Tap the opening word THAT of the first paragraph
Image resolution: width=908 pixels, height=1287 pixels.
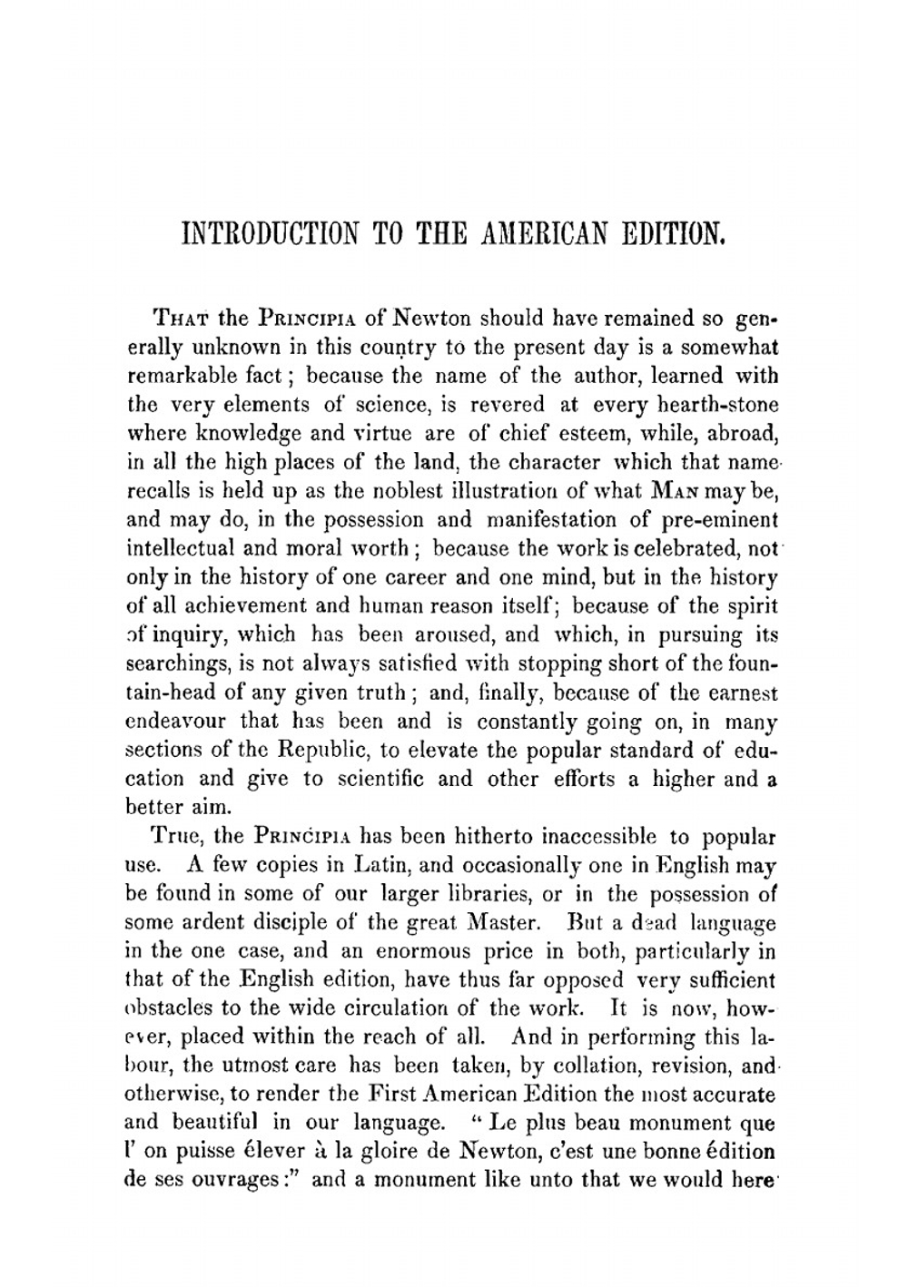tap(183, 319)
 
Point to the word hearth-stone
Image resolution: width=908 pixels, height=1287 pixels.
tap(716, 405)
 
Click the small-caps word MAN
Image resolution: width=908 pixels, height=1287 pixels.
tap(672, 491)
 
